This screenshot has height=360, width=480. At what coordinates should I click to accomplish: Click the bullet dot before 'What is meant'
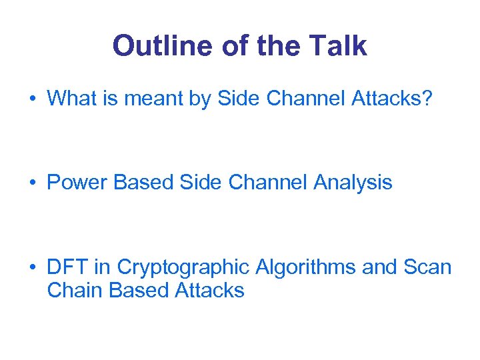tap(32, 99)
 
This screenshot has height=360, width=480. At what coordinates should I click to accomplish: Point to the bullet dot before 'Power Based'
tap(32, 183)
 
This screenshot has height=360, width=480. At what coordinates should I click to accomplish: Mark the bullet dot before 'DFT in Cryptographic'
tap(32, 268)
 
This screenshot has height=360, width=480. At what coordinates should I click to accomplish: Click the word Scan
tap(427, 267)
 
